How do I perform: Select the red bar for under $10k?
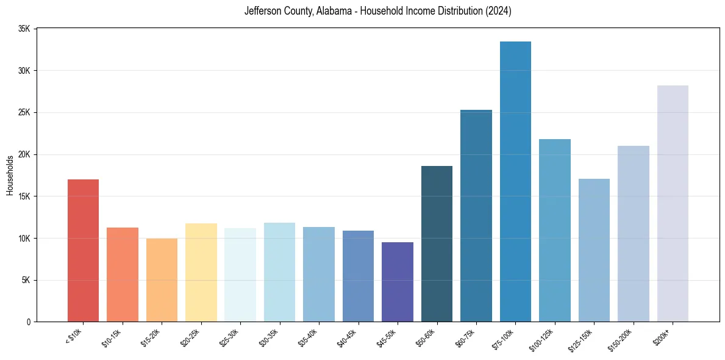(x=83, y=250)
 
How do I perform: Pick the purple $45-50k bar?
(x=398, y=282)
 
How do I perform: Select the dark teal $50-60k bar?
(x=437, y=243)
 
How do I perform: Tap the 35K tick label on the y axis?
(x=25, y=29)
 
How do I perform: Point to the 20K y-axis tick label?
(x=25, y=154)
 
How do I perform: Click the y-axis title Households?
(x=10, y=175)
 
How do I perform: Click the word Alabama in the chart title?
(x=335, y=12)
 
